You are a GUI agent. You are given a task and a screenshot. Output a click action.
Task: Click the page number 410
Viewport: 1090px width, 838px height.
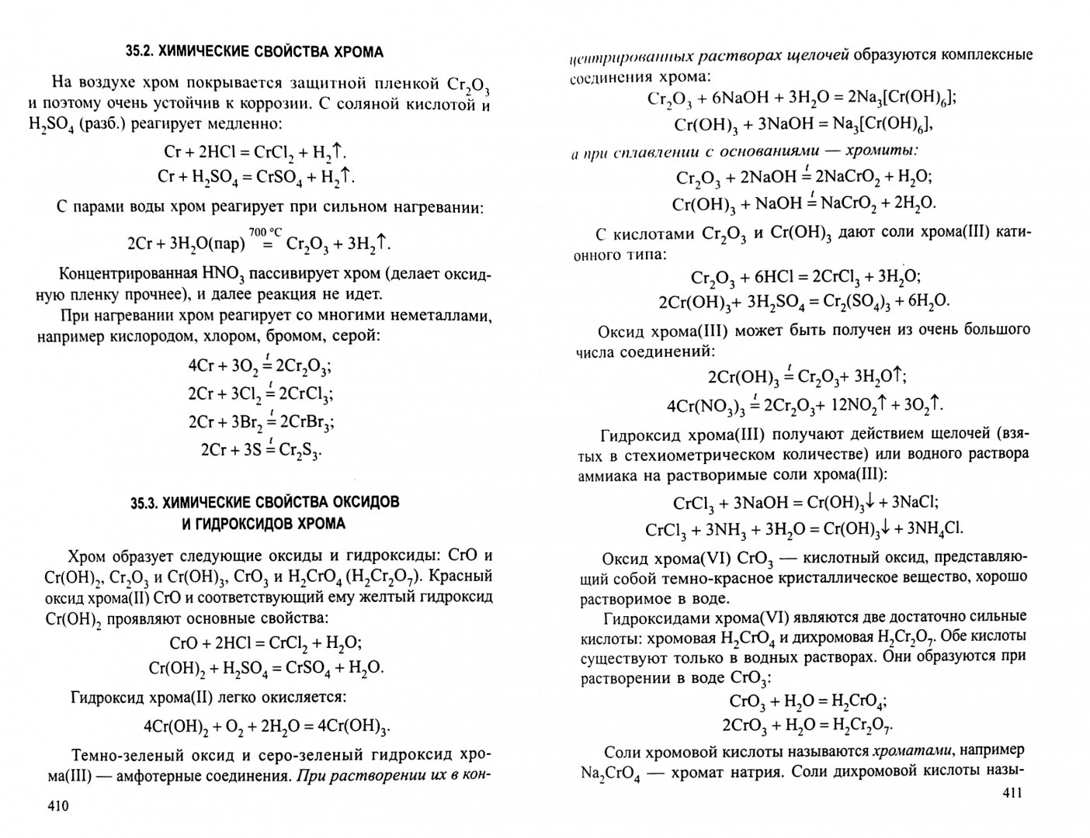point(58,807)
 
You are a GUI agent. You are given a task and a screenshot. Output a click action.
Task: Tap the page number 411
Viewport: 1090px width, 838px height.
point(1014,792)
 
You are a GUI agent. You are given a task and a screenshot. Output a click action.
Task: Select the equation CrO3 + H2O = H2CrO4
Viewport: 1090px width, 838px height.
point(808,701)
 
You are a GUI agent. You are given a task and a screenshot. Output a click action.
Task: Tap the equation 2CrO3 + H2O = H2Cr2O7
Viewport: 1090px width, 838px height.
point(808,725)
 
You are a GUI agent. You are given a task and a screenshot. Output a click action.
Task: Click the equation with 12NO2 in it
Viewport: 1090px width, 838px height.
point(805,405)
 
